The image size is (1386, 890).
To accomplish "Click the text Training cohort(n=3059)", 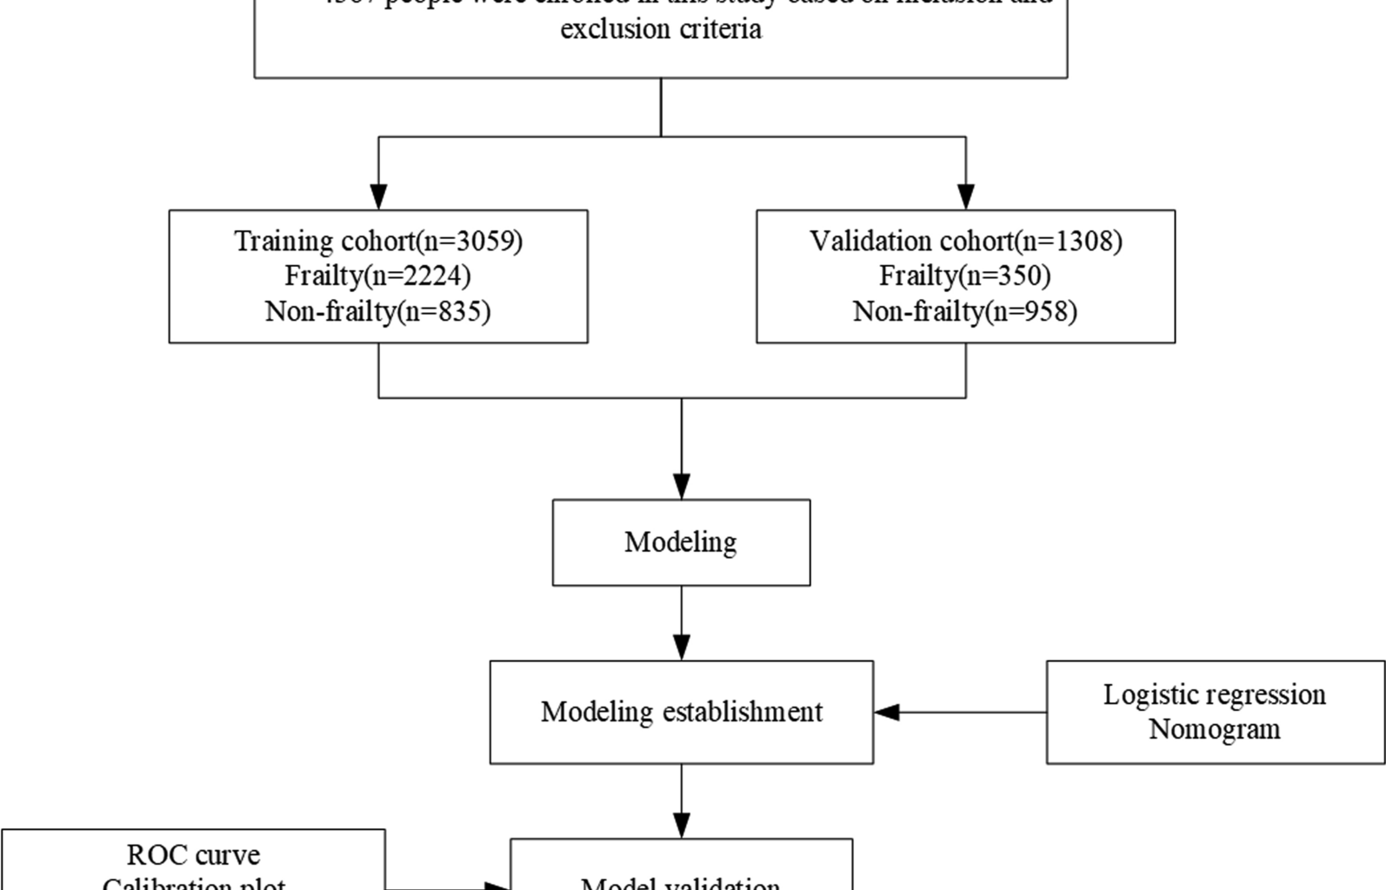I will click(378, 241).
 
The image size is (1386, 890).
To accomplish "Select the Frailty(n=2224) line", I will click(377, 276).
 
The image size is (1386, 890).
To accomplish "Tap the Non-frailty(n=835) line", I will click(377, 310).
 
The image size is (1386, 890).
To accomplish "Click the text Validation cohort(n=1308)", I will click(965, 241).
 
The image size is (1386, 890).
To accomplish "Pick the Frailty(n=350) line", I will click(964, 276).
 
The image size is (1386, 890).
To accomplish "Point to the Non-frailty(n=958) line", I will click(964, 310).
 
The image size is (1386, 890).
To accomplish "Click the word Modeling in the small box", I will click(680, 542).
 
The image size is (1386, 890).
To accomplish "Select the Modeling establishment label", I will click(681, 712).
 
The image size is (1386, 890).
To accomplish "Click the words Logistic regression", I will click(1214, 694).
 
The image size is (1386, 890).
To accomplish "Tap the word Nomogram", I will click(1214, 728).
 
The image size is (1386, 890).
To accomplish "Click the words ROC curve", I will click(193, 855).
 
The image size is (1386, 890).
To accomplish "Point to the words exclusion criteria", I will click(661, 30).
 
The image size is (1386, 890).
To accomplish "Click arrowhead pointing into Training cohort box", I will click(378, 196).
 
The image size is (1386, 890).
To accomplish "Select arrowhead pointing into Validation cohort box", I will click(965, 196).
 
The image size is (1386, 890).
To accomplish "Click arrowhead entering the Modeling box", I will click(681, 486).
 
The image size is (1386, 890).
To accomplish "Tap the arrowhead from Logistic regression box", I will click(887, 713).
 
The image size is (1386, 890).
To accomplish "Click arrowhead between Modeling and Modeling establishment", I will click(681, 648).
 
